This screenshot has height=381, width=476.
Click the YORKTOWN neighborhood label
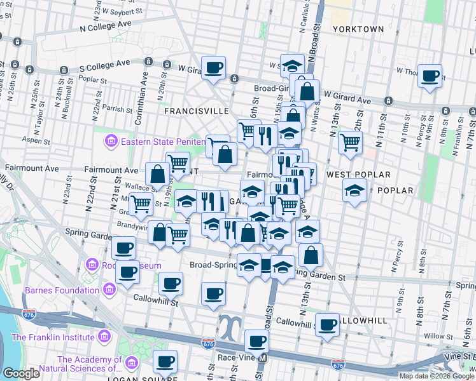[x=358, y=29]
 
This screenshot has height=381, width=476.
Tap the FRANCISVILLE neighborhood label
[x=196, y=110]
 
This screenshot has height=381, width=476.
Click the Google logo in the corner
[x=21, y=373]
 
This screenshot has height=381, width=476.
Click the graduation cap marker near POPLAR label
[x=354, y=190]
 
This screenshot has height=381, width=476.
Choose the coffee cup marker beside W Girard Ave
[x=213, y=66]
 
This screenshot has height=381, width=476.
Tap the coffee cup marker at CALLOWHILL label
[x=327, y=324]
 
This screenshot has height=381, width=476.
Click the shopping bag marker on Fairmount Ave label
[x=157, y=174]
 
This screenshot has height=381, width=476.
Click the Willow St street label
[x=439, y=336]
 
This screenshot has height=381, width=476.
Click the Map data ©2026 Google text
[x=437, y=376]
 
